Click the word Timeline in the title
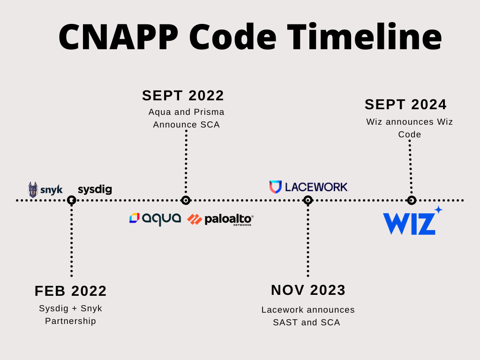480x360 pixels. pos(364,37)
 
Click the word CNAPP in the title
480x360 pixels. pos(119,37)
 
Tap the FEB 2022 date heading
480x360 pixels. pos(71,291)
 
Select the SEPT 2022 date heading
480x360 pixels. pos(183,96)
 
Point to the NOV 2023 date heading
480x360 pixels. pos(308,290)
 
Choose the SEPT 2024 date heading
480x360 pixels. pos(406,105)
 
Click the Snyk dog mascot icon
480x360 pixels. pos(33,190)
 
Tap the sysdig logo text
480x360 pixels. pos(95,190)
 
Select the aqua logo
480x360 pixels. pos(155,218)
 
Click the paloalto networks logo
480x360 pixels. pos(220,219)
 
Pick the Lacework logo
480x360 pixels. pos(309,187)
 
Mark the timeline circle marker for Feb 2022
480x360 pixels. pos(71,200)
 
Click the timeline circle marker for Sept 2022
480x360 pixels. pos(186,200)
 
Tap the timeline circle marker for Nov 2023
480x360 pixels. pos(308,200)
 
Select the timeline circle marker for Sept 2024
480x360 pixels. pos(412,200)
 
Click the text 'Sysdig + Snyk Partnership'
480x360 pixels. pos(71,315)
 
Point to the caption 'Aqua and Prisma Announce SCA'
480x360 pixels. pos(186,118)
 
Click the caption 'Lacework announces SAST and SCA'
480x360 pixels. pos(308,316)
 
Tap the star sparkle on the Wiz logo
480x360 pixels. pos(438,210)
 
